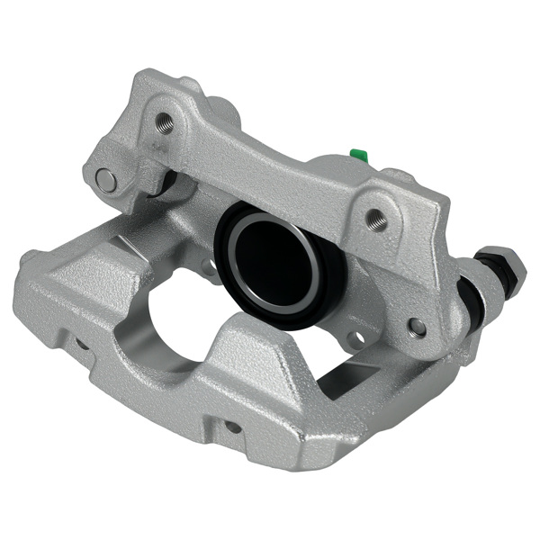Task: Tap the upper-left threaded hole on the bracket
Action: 164,119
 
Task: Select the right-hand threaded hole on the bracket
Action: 374,218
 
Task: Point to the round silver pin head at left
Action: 106,180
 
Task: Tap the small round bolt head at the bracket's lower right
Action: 417,327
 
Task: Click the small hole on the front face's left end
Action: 82,343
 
